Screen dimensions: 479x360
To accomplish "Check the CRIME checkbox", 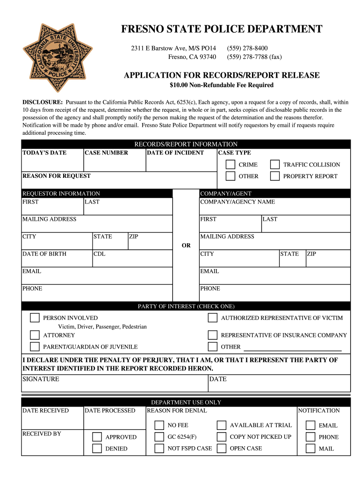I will coord(230,165).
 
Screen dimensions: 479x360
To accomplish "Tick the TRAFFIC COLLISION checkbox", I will coord(275,165).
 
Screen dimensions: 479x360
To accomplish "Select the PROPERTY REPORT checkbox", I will coord(275,176).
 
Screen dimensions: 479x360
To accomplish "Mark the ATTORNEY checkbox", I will coord(35,335).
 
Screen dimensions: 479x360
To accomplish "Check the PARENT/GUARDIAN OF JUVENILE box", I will coord(35,347).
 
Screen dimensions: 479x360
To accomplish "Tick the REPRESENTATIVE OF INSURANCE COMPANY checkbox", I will coord(213,335).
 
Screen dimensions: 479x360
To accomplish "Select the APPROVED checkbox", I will coord(97,437).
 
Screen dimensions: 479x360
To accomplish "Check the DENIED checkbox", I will coord(97,449).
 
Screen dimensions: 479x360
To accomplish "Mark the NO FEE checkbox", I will coord(159,425).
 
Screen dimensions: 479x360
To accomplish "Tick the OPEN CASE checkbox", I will coord(222,448).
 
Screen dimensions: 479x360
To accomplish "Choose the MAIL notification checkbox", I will coord(310,449).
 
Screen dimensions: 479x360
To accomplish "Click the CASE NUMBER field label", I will coord(106,153).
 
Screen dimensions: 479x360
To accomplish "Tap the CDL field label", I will coord(99,254).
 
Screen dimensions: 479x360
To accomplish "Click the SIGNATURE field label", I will coord(41,379).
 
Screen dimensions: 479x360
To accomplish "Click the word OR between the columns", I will coord(186,246).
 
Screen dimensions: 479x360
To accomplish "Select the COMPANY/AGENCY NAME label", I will coord(238,202).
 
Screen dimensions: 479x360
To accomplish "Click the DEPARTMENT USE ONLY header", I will coord(186,402).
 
